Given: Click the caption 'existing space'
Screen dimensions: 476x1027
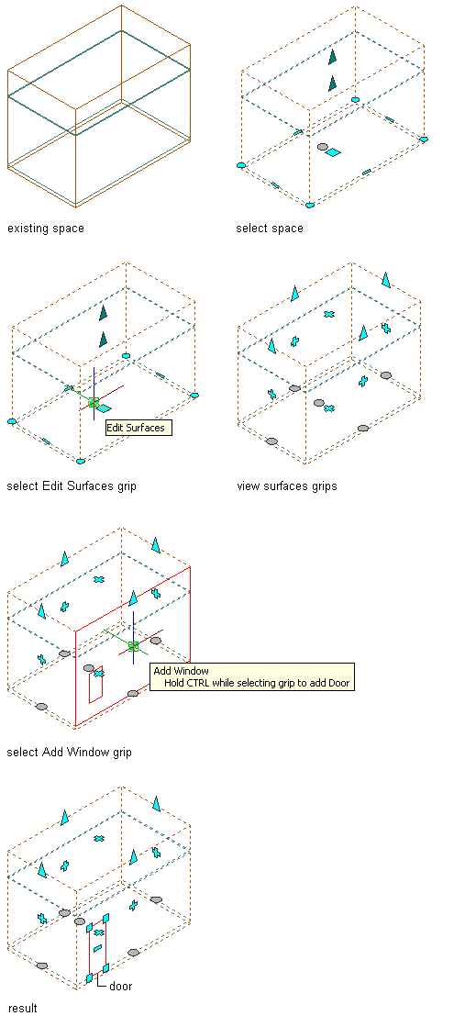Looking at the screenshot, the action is pos(45,229).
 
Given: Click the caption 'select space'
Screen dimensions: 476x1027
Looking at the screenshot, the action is pos(270,229).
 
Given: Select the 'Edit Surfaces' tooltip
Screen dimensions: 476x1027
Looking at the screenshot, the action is pos(138,428).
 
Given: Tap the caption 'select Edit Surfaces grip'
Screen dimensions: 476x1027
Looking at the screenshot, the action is pos(72,486).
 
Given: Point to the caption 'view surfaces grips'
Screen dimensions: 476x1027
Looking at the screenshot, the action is pos(287,486).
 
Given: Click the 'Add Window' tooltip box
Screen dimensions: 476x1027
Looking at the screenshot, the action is pos(252,676).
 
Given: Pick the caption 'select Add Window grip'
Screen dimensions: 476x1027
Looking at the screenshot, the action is pos(69,753).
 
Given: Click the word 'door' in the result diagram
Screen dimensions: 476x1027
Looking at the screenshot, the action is pos(120,986).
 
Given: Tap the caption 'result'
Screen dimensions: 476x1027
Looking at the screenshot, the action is pos(22,1008).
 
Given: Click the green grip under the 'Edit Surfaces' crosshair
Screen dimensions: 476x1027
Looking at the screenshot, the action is pos(94,402).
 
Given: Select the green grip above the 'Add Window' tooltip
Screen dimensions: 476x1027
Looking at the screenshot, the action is pos(134,646).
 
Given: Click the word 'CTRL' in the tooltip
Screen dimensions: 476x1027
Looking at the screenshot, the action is pos(200,683).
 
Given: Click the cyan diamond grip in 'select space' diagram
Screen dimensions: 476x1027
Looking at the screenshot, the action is pos(333,152).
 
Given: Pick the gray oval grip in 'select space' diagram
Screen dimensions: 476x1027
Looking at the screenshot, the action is pos(322,148).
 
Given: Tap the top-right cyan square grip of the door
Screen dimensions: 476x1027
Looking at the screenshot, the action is pos(106,918).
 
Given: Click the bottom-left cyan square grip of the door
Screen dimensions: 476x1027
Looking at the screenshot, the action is pos(90,977).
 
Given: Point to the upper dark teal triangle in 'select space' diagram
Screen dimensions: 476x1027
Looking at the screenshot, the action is pos(333,58).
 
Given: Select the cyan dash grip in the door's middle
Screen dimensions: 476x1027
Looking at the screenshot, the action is pos(97,948).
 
